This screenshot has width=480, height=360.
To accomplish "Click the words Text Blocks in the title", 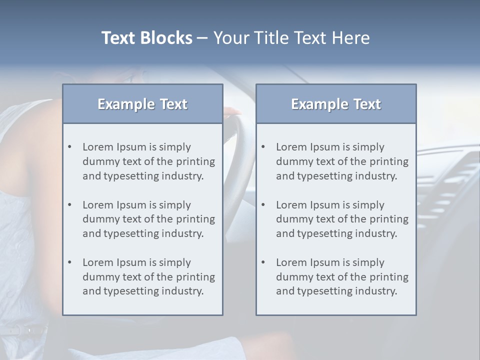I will [146, 38].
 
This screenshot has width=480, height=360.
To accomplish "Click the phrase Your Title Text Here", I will [291, 38].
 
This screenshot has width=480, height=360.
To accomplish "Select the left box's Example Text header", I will [142, 104].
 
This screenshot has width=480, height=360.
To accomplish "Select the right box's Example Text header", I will [336, 104].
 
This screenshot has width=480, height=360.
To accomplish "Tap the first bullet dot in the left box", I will [69, 147].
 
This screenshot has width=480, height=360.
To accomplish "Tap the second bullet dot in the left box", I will [69, 205].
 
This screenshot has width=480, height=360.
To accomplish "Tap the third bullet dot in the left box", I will [69, 262].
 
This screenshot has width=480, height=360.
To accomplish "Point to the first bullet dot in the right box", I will [263, 147].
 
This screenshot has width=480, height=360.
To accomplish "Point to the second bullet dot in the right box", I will [263, 205].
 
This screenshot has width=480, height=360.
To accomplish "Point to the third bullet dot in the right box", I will [263, 262].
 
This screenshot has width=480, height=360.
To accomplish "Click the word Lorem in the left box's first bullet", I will [98, 147].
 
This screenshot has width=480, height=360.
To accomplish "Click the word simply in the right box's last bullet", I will [368, 262].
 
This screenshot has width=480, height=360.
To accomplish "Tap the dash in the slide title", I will [203, 38].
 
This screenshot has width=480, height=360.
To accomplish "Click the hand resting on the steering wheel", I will [232, 111].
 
